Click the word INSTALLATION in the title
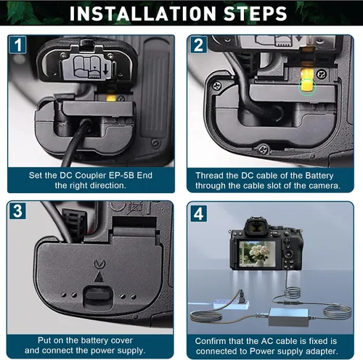(142, 14)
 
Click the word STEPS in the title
(255, 14)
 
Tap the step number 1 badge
(18, 44)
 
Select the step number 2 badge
(199, 45)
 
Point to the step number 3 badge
(17, 211)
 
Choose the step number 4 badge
(199, 213)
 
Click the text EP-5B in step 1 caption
(121, 175)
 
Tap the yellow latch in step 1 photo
(111, 97)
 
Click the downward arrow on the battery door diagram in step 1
(105, 70)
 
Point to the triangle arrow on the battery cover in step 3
(99, 277)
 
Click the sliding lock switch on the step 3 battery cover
(99, 295)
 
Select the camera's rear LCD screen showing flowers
(257, 254)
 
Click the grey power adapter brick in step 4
(289, 317)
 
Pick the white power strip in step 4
(231, 304)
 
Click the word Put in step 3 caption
(44, 340)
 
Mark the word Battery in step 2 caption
(319, 176)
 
